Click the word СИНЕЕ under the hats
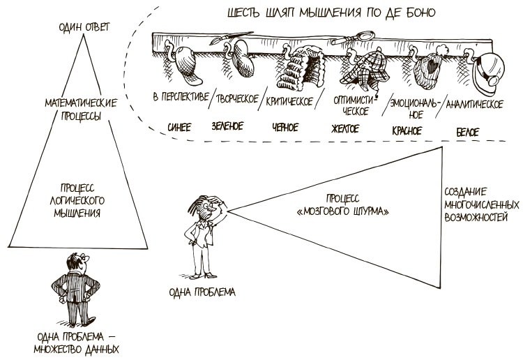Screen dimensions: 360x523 pos(179,127)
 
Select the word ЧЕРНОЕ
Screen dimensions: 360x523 pos(285,127)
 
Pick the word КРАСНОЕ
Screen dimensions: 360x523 pos(409,128)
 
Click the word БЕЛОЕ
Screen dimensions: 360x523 pos(467,129)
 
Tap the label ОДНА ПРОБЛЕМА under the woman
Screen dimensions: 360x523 pos(202,291)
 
